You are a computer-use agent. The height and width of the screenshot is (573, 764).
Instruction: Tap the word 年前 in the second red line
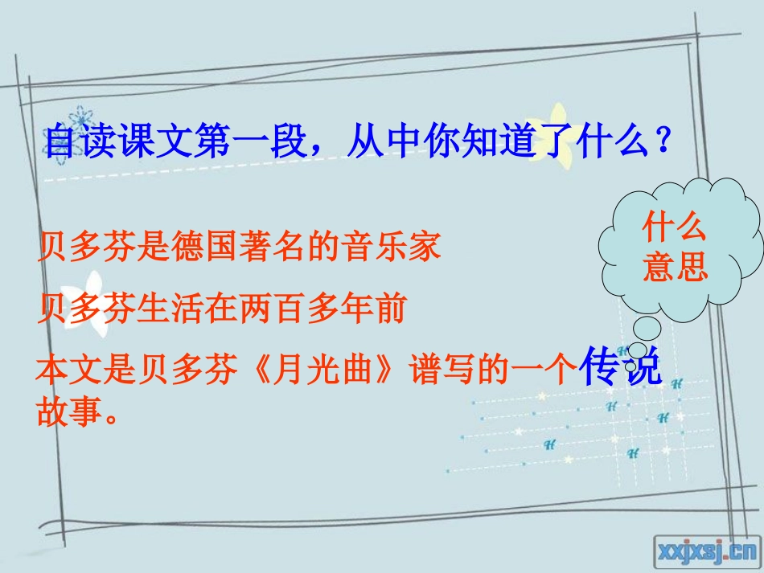(x=381, y=309)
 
